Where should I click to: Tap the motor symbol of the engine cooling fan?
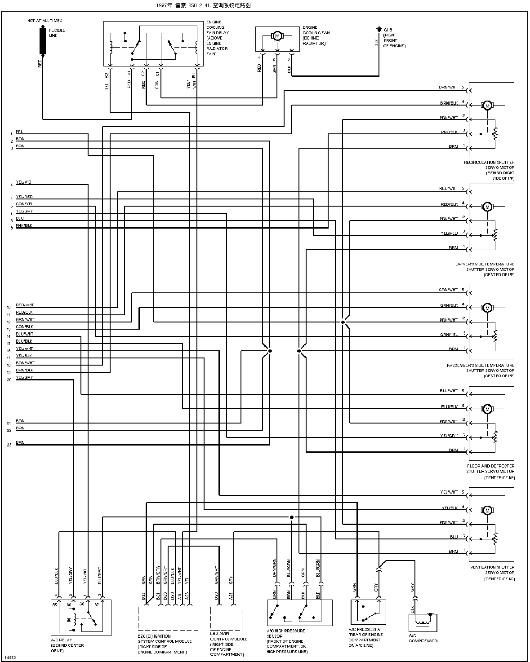pyautogui.click(x=277, y=36)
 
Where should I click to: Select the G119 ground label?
pyautogui.click(x=388, y=30)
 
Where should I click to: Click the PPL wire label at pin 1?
pyautogui.click(x=19, y=132)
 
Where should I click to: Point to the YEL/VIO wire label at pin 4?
pyautogui.click(x=24, y=182)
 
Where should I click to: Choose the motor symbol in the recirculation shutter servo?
pyautogui.click(x=487, y=106)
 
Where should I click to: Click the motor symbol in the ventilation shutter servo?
pyautogui.click(x=487, y=510)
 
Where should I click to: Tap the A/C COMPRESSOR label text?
pyautogui.click(x=423, y=638)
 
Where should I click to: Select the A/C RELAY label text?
pyautogui.click(x=62, y=640)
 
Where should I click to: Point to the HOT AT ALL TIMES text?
pyautogui.click(x=45, y=21)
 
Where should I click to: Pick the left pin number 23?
pyautogui.click(x=9, y=445)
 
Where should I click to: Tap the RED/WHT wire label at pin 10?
pyautogui.click(x=25, y=305)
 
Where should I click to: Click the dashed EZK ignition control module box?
pyautogui.click(x=168, y=618)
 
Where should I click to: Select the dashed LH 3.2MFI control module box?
pyautogui.click(x=226, y=618)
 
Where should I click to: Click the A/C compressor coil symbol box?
pyautogui.click(x=423, y=622)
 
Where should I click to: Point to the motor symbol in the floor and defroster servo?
pyautogui.click(x=487, y=409)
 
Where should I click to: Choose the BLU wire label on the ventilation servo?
pyautogui.click(x=454, y=537)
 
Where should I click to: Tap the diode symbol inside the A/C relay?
pyautogui.click(x=68, y=620)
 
